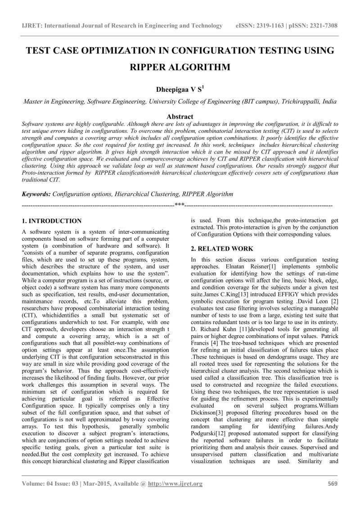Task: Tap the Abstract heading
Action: tap(180, 117)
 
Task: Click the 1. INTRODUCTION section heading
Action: tap(52, 221)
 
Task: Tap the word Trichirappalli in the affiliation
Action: tap(298, 102)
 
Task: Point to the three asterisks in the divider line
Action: tap(180, 205)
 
